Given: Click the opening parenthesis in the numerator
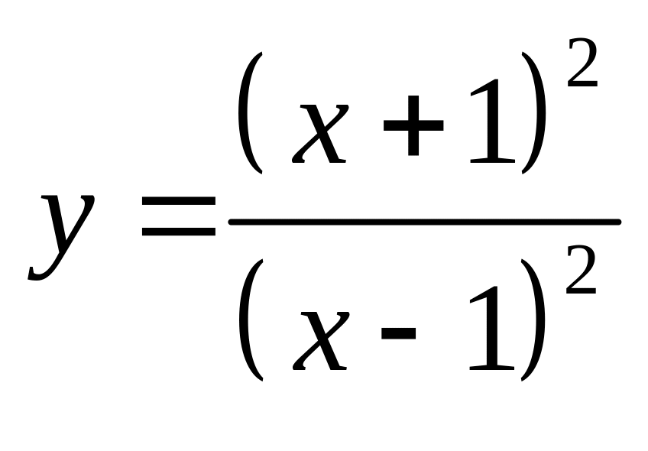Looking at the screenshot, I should [251, 113].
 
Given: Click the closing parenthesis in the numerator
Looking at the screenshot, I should [536, 113].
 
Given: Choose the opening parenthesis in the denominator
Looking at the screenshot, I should [251, 320].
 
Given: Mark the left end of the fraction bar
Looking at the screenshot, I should [232, 222].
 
